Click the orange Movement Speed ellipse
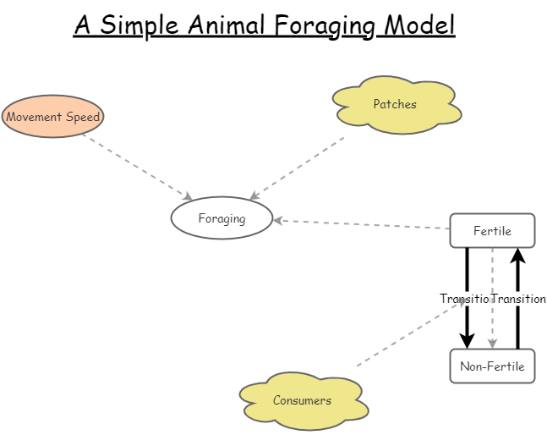pos(52,117)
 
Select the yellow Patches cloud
pos(396,105)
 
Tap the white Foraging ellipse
pos(222,218)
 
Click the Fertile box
pos(492,231)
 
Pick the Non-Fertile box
pos(492,366)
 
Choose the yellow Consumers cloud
pos(303,400)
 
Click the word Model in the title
pos(419,25)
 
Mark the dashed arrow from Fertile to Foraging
pos(364,224)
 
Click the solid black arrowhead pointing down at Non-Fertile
pos(467,340)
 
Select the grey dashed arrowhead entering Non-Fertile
pos(492,344)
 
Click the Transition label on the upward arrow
pos(518,299)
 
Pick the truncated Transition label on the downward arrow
pos(465,299)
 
